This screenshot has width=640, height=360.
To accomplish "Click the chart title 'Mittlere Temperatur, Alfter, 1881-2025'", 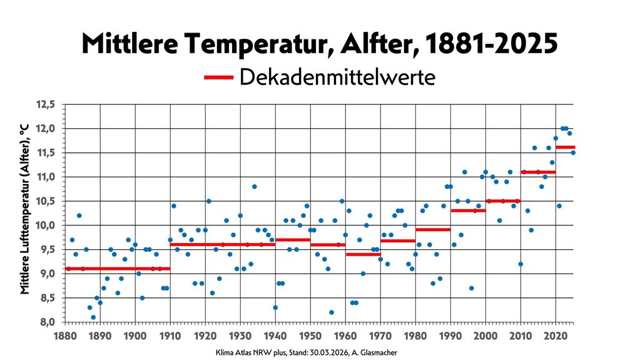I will pyautogui.click(x=319, y=44).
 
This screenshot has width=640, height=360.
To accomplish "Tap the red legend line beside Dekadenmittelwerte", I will pyautogui.click(x=218, y=78).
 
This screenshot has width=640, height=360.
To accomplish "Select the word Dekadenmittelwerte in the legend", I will pyautogui.click(x=337, y=78).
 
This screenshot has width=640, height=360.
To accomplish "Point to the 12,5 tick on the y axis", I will pyautogui.click(x=44, y=105).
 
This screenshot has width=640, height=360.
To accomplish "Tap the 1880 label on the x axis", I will pyautogui.click(x=65, y=336).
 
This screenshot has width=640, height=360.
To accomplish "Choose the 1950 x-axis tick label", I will pyautogui.click(x=310, y=336).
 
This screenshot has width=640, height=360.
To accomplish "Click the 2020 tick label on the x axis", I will pyautogui.click(x=556, y=336).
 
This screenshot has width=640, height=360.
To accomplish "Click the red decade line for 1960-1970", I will pyautogui.click(x=363, y=254).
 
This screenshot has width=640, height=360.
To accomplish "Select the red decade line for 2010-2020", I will pyautogui.click(x=538, y=172).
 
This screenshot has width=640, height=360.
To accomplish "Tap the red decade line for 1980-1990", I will pyautogui.click(x=433, y=230).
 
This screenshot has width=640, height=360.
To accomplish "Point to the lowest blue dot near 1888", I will pyautogui.click(x=93, y=317).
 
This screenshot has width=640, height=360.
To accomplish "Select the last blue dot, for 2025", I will pyautogui.click(x=572, y=153).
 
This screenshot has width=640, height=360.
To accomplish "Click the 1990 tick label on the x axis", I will pyautogui.click(x=450, y=336).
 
